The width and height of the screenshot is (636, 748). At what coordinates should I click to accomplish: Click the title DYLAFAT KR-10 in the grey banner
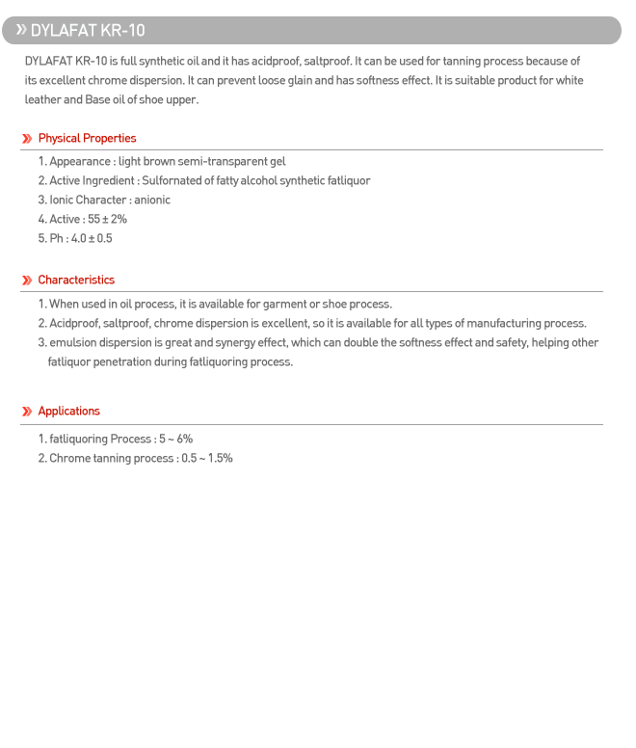88,31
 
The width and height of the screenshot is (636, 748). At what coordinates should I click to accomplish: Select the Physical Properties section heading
87,139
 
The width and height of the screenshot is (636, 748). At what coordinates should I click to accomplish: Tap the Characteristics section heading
76,280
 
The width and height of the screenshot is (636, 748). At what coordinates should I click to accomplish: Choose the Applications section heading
68,412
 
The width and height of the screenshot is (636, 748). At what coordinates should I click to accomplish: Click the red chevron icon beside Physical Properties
27,139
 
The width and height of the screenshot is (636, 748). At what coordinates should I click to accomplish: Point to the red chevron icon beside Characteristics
27,280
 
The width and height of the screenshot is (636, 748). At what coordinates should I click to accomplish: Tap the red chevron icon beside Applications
27,412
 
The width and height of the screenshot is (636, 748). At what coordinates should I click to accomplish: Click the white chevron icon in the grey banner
20,30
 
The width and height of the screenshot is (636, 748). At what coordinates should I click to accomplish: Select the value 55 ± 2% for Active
107,220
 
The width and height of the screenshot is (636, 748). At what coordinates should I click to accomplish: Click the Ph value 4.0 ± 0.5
92,239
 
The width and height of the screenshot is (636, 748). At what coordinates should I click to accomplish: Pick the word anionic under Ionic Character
152,200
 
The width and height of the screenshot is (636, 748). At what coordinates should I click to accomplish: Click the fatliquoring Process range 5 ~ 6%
175,440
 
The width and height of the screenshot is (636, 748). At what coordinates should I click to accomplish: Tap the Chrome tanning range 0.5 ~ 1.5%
207,459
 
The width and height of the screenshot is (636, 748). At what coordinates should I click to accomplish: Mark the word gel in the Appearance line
278,162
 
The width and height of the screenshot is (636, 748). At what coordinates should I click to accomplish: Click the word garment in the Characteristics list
284,305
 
